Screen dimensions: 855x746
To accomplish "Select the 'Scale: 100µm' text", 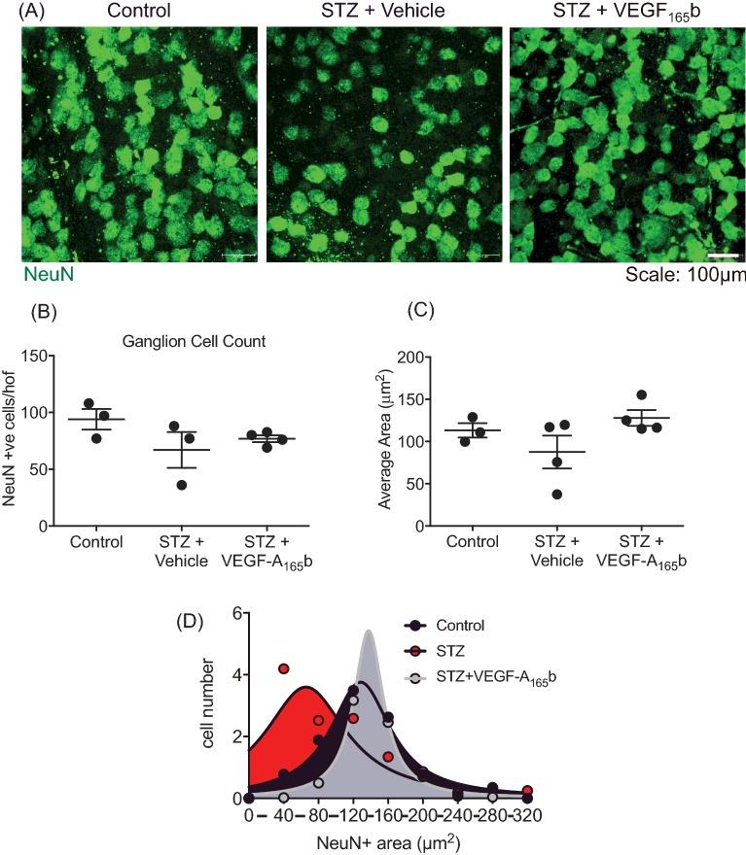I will (679, 276).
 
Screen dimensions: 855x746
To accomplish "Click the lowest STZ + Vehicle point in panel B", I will (182, 484).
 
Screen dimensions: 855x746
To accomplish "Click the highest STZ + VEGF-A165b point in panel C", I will (640, 395).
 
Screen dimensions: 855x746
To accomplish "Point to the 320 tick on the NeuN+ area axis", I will (527, 815).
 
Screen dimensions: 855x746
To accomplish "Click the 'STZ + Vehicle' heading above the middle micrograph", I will (384, 12).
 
